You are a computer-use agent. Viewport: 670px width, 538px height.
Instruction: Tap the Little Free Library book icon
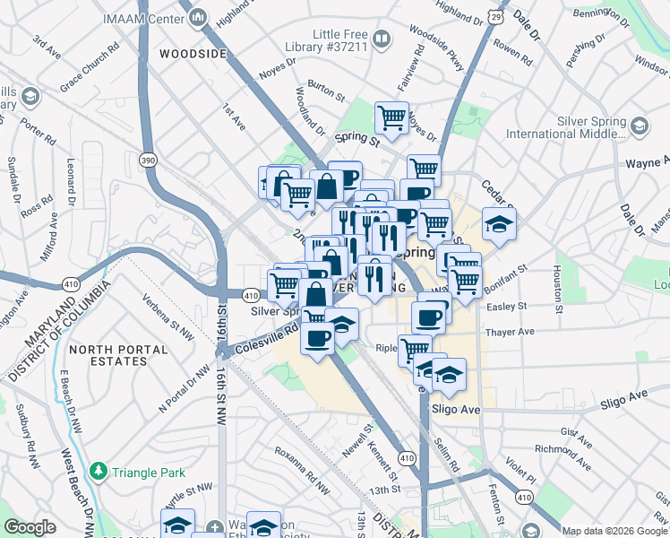[x=382, y=39]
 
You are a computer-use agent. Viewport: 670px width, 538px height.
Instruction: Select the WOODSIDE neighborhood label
[x=193, y=54]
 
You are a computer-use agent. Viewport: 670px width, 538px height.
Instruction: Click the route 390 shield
[x=149, y=159]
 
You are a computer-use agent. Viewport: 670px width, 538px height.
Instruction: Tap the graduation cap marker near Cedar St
[x=499, y=223]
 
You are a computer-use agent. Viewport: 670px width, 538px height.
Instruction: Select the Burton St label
[x=325, y=91]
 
